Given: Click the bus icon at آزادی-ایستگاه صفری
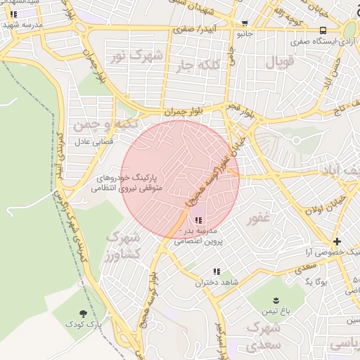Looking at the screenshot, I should (x=323, y=30).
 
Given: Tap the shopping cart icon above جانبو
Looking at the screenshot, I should (x=244, y=23).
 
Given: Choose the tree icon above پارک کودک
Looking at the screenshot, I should (x=84, y=314).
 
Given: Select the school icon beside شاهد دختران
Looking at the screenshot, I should (x=217, y=271).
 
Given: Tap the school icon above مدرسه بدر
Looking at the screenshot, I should (x=198, y=221).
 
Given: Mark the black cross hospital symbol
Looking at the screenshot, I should (x=337, y=240).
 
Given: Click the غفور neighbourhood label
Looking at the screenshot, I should (x=259, y=218).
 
